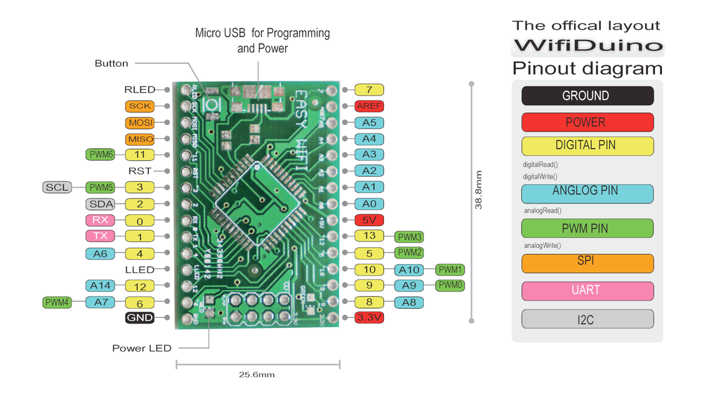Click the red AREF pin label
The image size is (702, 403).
pyautogui.click(x=369, y=106)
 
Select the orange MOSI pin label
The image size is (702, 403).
pyautogui.click(x=140, y=123)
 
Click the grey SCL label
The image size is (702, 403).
pyautogui.click(x=58, y=187)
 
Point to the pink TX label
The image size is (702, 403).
pyautogui.click(x=100, y=237)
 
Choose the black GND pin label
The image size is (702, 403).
pyautogui.click(x=139, y=318)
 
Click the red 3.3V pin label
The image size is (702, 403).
pyautogui.click(x=369, y=318)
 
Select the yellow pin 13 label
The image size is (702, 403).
pyautogui.click(x=369, y=236)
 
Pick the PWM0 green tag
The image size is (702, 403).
pyautogui.click(x=450, y=285)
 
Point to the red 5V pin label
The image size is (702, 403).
pyautogui.click(x=369, y=220)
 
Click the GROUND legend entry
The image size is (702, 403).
pyautogui.click(x=587, y=96)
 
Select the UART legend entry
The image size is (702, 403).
pyautogui.click(x=587, y=291)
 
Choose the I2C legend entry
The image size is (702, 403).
pyautogui.click(x=587, y=319)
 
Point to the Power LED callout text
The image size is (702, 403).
pyautogui.click(x=141, y=348)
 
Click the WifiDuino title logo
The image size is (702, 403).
pyautogui.click(x=587, y=46)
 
